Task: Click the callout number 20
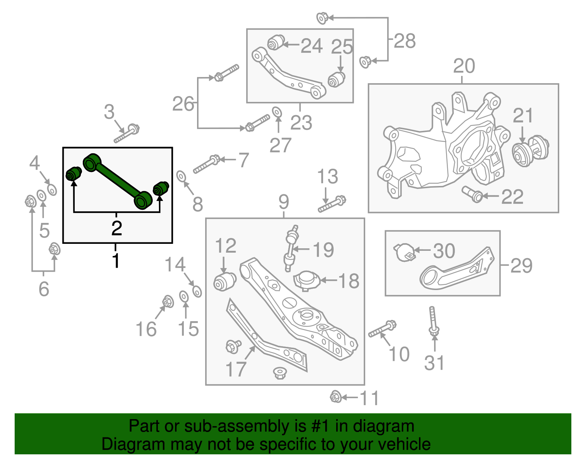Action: [464, 66]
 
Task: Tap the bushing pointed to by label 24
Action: [276, 42]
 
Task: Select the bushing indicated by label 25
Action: [336, 80]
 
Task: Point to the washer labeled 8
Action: [181, 176]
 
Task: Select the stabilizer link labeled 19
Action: [291, 248]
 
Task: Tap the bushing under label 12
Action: [225, 282]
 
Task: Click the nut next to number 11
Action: [335, 397]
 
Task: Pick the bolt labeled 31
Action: [433, 321]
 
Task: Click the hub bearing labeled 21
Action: [530, 151]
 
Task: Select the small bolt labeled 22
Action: [472, 194]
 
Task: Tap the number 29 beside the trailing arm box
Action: [521, 265]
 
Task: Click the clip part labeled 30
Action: [405, 252]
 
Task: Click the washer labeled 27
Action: [277, 111]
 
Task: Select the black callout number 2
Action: [116, 228]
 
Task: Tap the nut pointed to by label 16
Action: [168, 302]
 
